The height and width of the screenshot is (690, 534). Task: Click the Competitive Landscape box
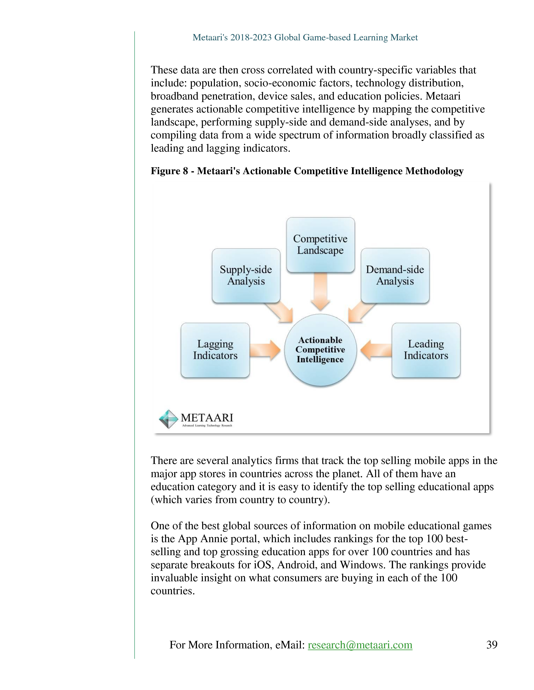[x=320, y=245]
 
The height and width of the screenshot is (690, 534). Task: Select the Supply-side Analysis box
[x=246, y=276]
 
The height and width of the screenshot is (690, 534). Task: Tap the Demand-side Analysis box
[x=395, y=276]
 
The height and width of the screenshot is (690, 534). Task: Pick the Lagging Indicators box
[x=215, y=350]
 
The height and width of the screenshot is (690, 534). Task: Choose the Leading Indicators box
[x=426, y=350]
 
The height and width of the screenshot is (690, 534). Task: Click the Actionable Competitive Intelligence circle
[x=320, y=350]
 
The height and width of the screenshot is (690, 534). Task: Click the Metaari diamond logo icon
[x=168, y=419]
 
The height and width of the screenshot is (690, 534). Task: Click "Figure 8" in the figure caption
[x=169, y=171]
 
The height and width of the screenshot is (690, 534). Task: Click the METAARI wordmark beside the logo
[x=207, y=418]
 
